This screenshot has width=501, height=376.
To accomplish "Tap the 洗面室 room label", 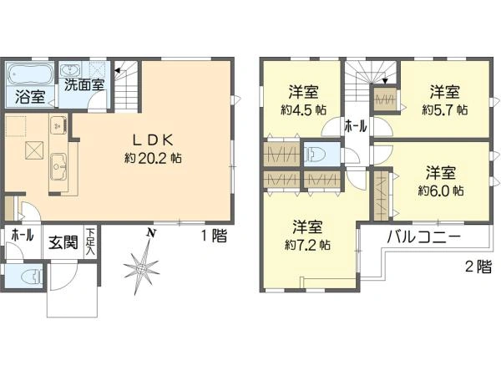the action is pos(84,84).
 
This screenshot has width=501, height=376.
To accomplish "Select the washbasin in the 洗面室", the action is pos(70,69).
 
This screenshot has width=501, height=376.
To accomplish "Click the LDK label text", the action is pos(153,140).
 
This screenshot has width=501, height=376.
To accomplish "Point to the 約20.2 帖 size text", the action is pos(153,158).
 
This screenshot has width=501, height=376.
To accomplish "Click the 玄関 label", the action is pos(63,242).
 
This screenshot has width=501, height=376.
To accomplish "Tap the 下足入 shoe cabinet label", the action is pos(91,241).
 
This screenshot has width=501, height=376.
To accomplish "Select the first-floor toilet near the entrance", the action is pos(32,276).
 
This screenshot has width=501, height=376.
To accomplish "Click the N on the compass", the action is pos(151,233).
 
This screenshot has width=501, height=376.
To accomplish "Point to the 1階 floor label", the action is pos(214,236).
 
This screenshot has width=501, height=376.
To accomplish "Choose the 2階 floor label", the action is pos(478,267).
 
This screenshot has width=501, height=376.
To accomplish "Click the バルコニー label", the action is pos(424,237).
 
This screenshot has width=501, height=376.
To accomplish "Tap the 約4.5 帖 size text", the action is pos(304,110).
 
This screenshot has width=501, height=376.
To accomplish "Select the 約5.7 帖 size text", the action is pos(445,110).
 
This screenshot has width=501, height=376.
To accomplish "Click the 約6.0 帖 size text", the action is pos(441,191).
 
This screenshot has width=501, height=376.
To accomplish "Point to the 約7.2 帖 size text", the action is pos(307,245).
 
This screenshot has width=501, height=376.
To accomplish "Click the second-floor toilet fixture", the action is pos(315,154).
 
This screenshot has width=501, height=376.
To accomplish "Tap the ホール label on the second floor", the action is pos(356,126).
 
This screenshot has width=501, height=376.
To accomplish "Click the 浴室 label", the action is pos(30,97).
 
